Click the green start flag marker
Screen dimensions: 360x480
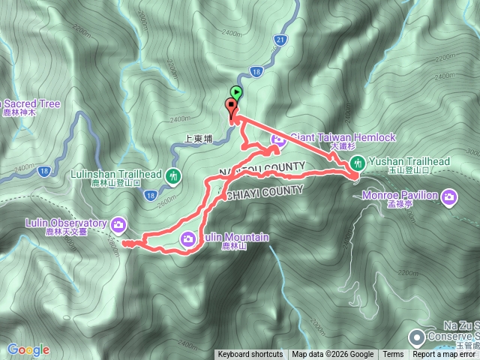tap(236, 93)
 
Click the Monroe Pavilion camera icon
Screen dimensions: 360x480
tap(449, 197)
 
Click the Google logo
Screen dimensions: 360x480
tap(28, 349)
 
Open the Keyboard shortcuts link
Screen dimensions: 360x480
tap(250, 355)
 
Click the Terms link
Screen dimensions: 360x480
tap(392, 355)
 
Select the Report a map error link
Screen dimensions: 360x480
tap(445, 355)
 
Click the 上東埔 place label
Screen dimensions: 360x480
tap(199, 139)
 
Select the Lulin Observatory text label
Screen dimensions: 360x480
tap(54, 223)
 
